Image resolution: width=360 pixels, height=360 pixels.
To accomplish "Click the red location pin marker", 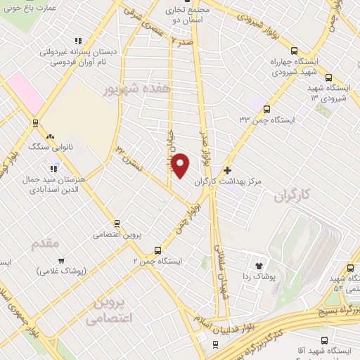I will click(181, 165).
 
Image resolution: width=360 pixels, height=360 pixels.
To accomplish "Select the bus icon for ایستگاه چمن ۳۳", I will click(266, 108).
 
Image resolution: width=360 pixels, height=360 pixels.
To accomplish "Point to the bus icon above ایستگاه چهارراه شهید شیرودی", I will click(294, 51).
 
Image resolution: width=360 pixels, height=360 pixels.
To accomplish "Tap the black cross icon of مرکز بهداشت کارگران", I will click(227, 170).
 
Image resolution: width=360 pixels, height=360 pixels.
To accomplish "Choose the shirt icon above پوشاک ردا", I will click(259, 266).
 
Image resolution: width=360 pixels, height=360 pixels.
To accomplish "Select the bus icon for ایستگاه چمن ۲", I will click(157, 250).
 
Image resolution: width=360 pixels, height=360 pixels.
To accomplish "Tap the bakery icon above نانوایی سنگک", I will click(49, 136).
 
